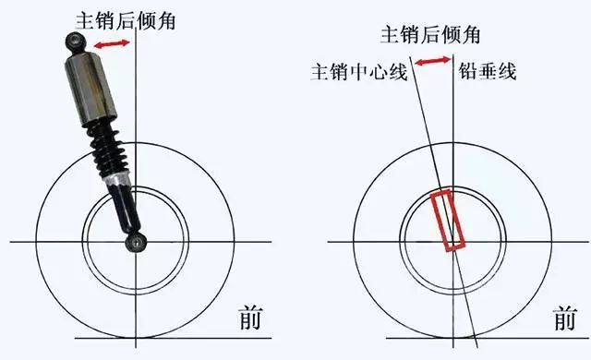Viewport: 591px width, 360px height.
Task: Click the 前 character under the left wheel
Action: click(x=248, y=318)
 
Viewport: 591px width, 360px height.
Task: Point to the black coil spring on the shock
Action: click(x=102, y=148)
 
